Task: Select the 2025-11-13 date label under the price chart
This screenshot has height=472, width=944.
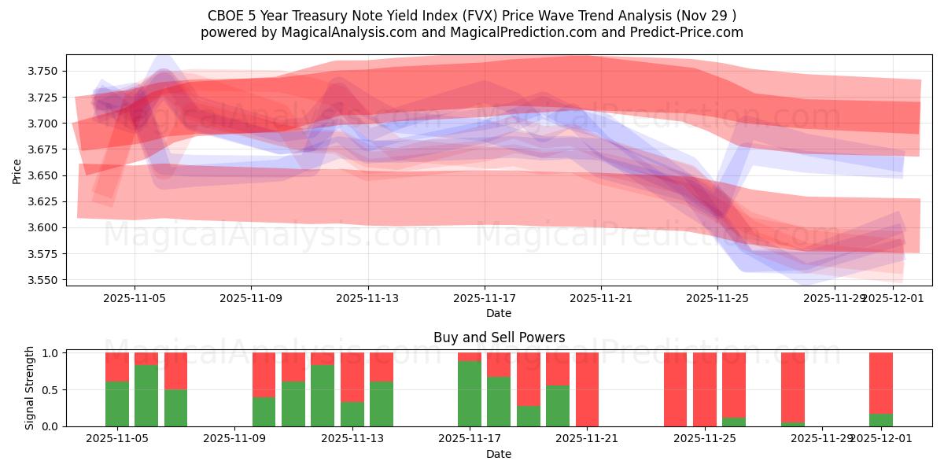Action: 367,298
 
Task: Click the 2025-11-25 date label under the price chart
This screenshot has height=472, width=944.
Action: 717,298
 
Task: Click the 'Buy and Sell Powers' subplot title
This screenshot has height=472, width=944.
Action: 499,337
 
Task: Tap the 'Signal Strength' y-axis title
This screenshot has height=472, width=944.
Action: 29,389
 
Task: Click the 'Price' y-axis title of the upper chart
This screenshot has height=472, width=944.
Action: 17,170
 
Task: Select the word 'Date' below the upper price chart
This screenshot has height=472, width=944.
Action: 499,313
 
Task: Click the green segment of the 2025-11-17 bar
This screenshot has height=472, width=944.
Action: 470,393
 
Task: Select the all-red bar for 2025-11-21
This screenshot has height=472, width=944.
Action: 587,389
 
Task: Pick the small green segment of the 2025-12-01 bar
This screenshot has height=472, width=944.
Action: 881,419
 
